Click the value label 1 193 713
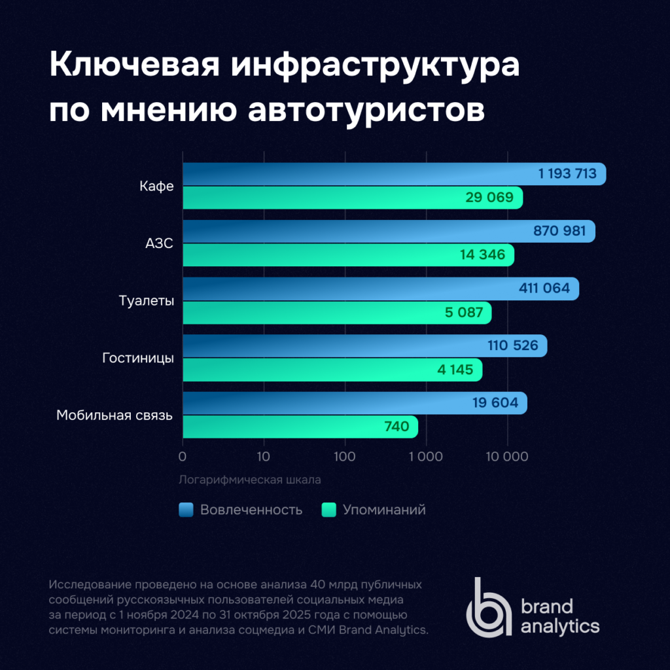coord(567,174)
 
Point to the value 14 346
coord(483,255)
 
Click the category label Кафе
coord(156,186)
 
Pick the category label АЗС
coord(159,244)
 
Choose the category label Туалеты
coord(147,301)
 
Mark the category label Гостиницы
coord(138,358)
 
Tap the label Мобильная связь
coord(115,415)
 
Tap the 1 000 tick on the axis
coord(426,457)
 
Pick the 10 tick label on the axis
coord(264,457)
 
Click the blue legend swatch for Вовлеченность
coord(186,510)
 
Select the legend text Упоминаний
coord(384,510)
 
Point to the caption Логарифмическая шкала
coord(249,480)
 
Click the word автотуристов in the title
coord(366,109)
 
